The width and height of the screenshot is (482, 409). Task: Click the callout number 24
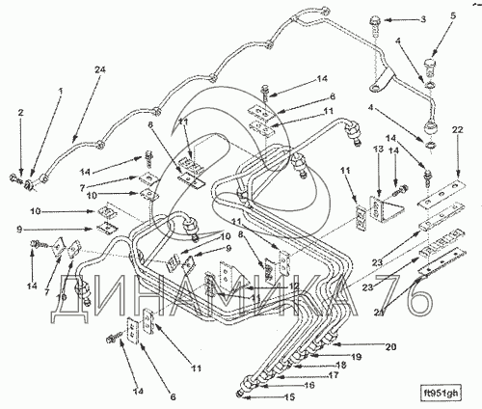click(99, 69)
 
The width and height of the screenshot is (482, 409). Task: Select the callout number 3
click(423, 19)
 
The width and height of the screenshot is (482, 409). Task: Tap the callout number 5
click(452, 16)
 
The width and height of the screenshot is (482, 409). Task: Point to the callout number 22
click(458, 130)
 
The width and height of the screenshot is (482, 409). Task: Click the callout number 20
click(391, 347)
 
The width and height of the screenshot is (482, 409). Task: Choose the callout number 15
click(289, 397)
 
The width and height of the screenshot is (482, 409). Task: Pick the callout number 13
click(379, 150)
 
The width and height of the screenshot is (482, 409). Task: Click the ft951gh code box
click(441, 393)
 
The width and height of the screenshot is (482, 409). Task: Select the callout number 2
click(20, 113)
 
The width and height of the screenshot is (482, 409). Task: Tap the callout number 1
click(60, 92)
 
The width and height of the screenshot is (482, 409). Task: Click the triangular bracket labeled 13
click(388, 209)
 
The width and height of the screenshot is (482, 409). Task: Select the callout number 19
click(355, 357)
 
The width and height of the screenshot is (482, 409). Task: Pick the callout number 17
click(333, 375)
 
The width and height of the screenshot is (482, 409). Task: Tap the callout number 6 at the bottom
click(173, 397)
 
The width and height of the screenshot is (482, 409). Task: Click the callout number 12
click(294, 286)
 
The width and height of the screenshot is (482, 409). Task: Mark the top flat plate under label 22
click(442, 195)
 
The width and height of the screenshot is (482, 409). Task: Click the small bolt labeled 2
click(14, 177)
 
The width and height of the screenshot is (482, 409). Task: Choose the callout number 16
click(309, 385)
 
